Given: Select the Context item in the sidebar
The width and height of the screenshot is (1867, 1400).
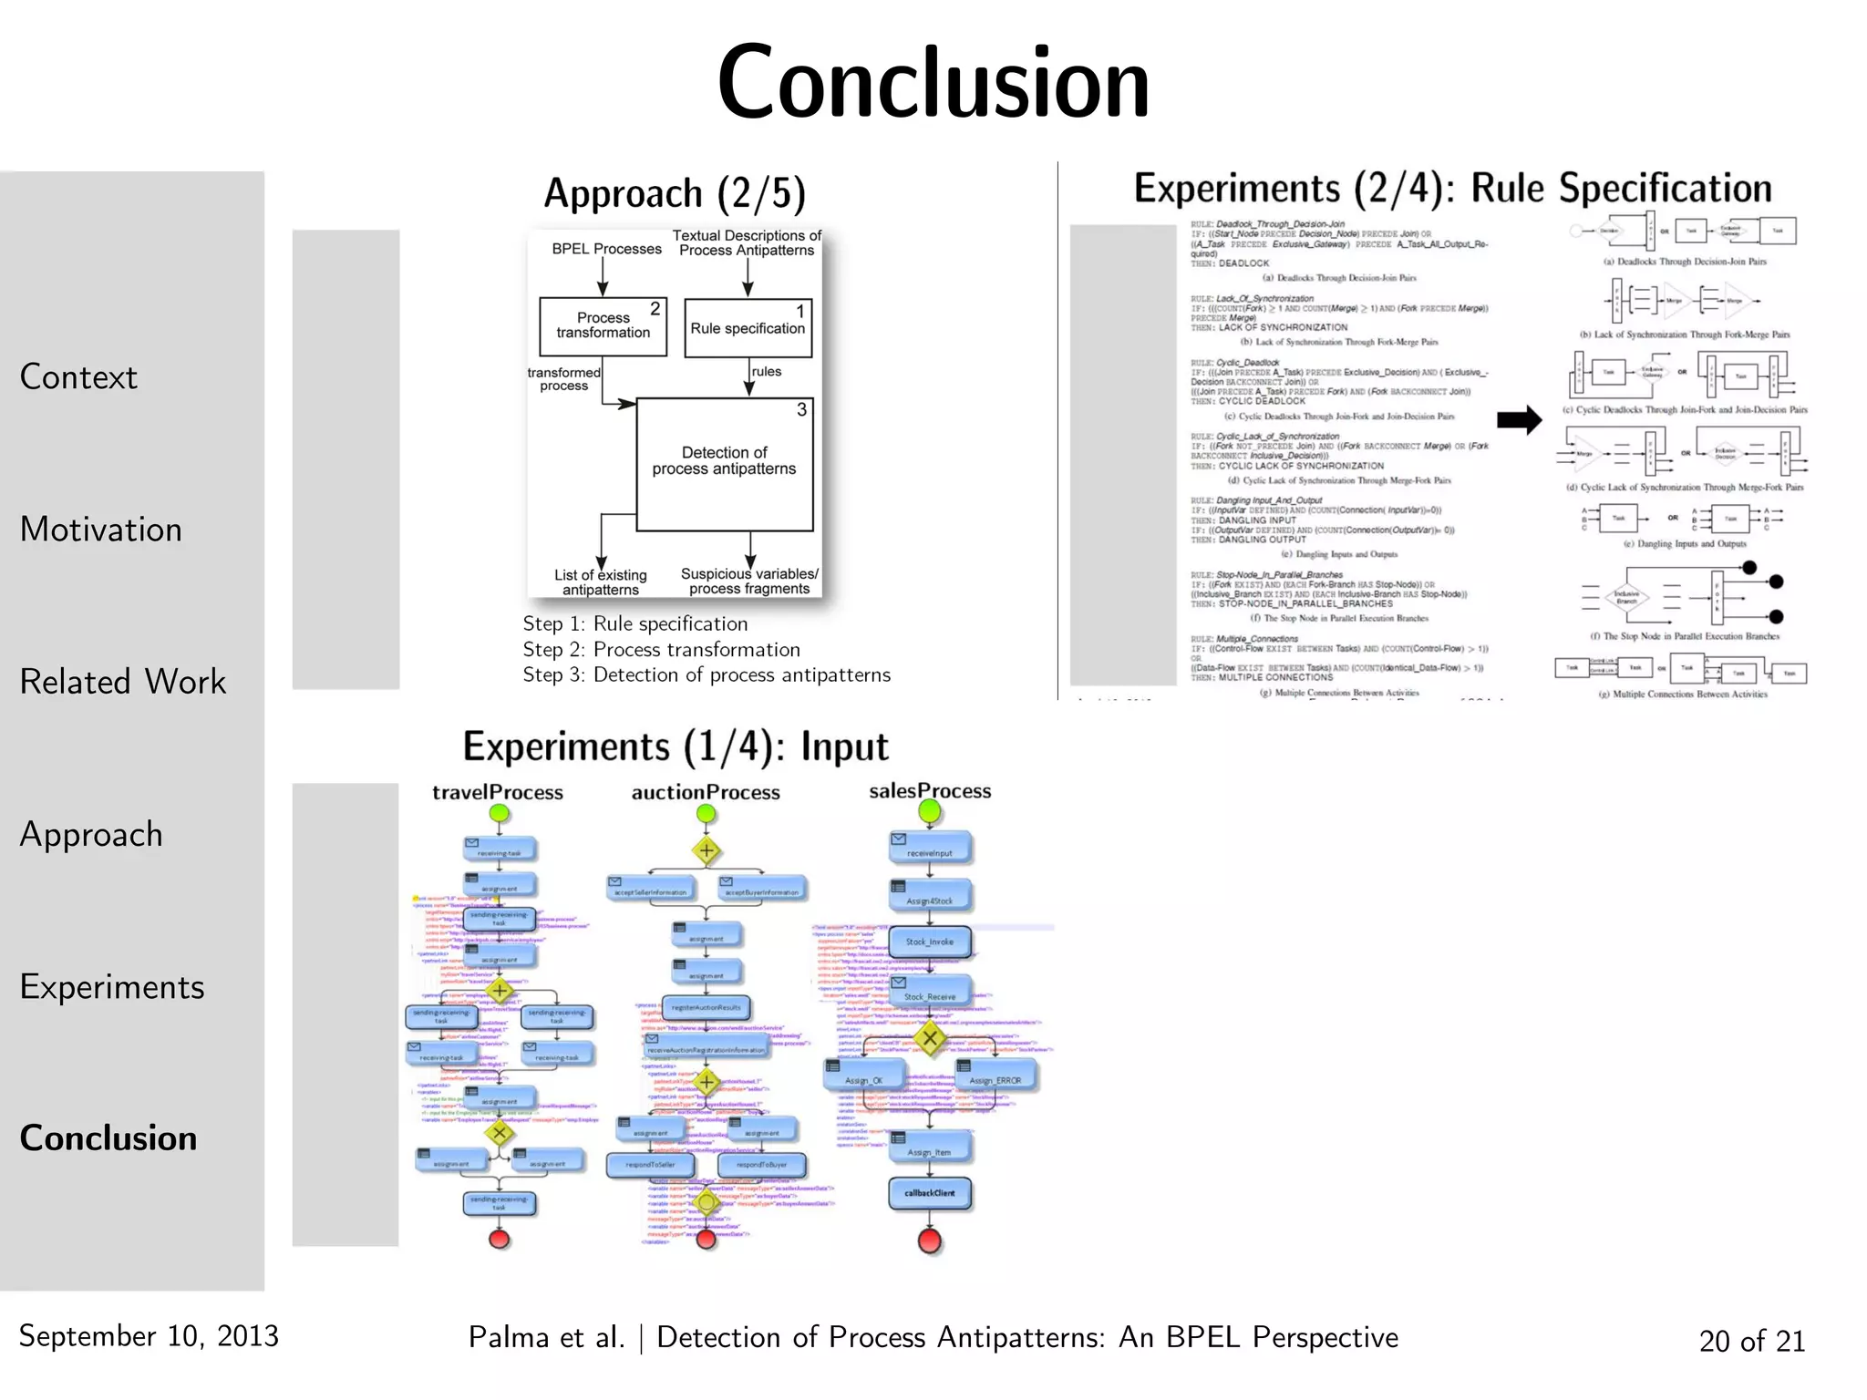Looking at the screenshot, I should (x=78, y=377).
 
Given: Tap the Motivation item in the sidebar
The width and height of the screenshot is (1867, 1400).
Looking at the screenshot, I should (x=100, y=530).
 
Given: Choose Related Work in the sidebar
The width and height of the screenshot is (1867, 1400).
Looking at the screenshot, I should (x=122, y=682).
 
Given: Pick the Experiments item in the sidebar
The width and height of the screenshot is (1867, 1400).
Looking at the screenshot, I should (x=112, y=987).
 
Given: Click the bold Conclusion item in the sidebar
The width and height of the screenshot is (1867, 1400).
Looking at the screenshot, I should (x=108, y=1138).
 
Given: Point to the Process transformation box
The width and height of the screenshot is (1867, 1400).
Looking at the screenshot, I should (x=603, y=325).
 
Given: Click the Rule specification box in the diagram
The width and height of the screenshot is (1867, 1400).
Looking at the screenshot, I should (x=748, y=328).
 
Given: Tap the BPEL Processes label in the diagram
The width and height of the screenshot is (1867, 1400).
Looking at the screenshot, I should (x=606, y=249).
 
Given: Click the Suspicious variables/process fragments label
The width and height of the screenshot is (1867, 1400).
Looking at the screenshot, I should (x=749, y=582).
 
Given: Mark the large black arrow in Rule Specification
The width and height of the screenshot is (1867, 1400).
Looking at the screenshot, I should (x=1519, y=420).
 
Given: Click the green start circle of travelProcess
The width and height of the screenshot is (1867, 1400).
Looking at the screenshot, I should (x=499, y=813).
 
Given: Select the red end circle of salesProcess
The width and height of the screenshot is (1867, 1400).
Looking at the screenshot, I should (x=930, y=1240).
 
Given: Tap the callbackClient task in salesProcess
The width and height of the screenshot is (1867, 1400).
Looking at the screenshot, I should (x=930, y=1192).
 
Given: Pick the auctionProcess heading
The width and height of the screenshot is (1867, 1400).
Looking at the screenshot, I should (x=706, y=792).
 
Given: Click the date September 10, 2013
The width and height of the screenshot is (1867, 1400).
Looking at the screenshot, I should (x=149, y=1336).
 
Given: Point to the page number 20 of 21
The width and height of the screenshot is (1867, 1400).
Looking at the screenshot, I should (x=1751, y=1341).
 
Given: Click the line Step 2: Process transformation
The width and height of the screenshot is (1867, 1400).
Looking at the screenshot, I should (x=661, y=650).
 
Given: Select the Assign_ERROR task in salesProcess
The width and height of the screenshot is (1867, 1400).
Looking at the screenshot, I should (x=995, y=1078).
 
